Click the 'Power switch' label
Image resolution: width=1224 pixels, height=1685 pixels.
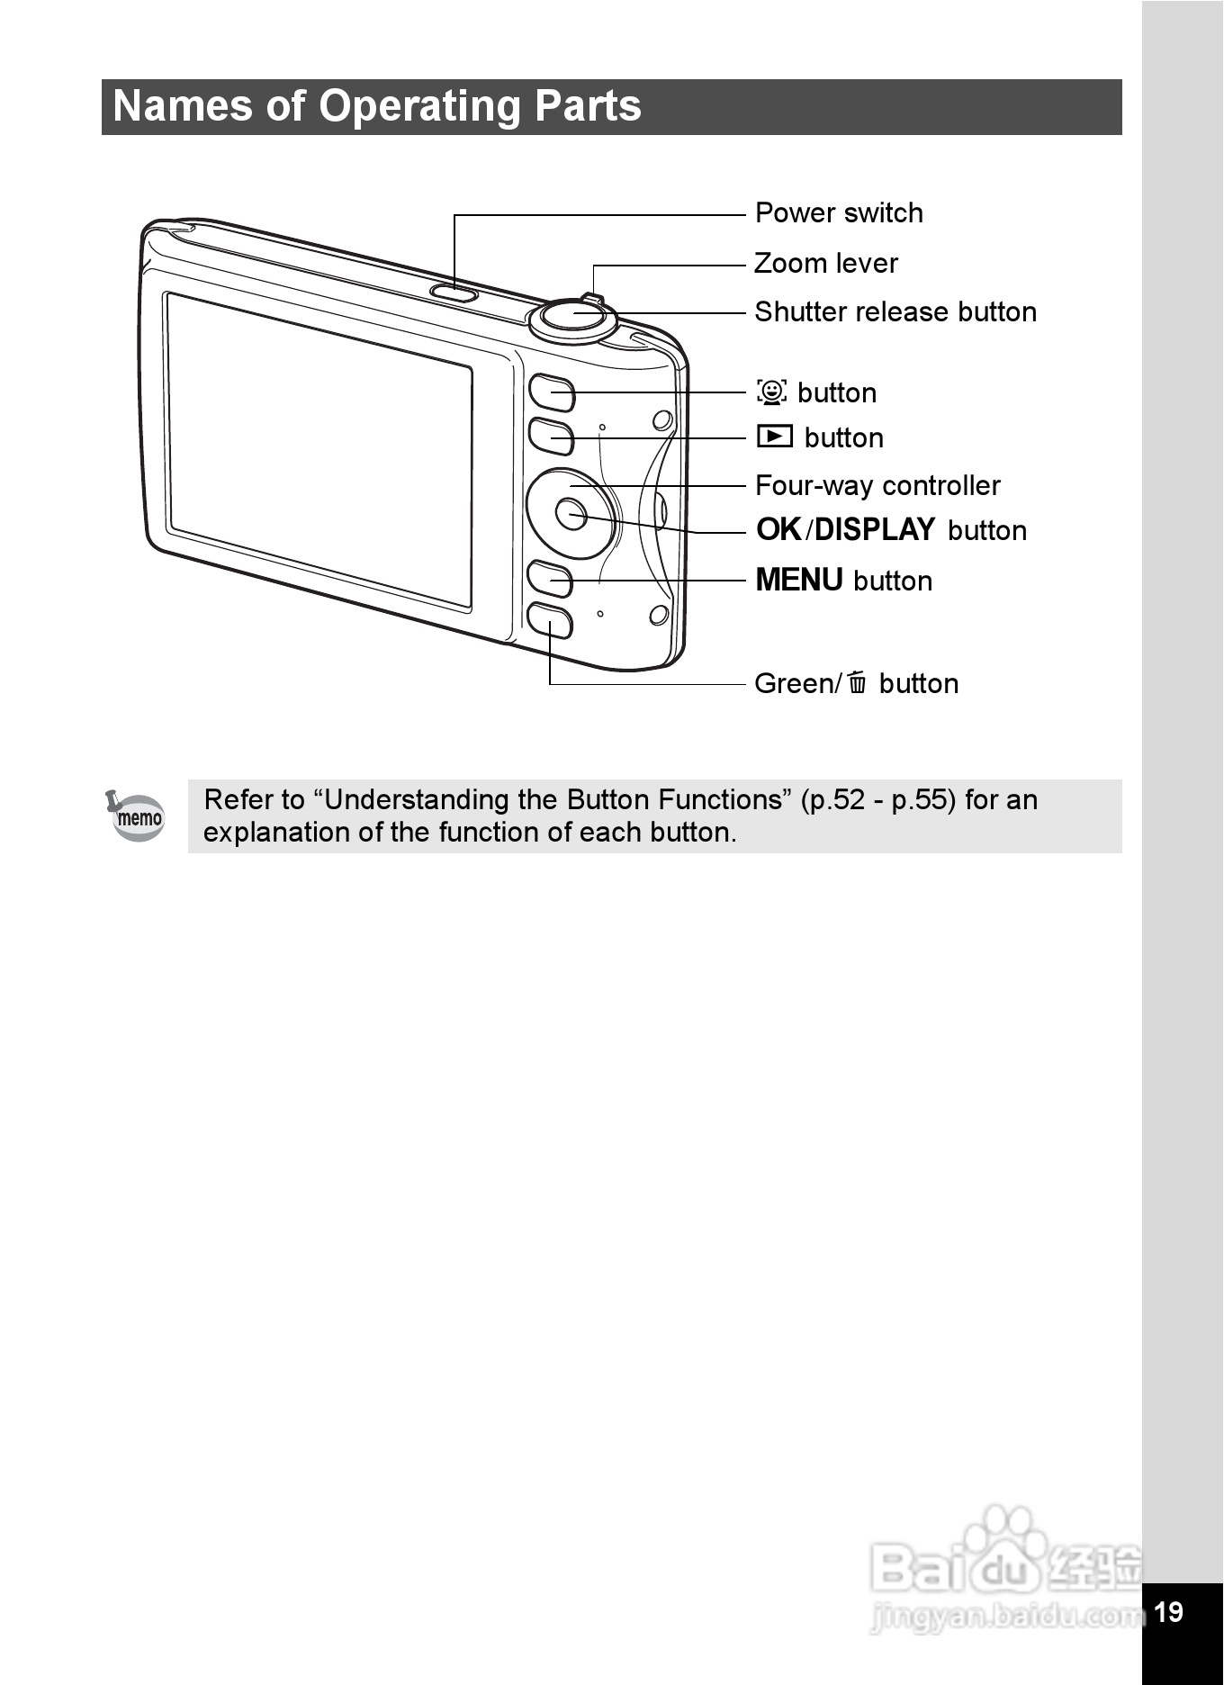[x=839, y=213]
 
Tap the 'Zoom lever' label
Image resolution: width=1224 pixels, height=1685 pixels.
[x=825, y=264]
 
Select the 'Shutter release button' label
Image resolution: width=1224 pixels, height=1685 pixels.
[x=895, y=312]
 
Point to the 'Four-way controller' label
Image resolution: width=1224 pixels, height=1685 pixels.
[x=877, y=486]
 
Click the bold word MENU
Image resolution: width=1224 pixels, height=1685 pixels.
[x=798, y=581]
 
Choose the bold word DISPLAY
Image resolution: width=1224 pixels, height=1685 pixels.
[x=875, y=530]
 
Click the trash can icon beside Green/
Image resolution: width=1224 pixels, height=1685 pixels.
[x=857, y=683]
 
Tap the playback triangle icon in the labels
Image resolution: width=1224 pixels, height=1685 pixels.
[x=774, y=437]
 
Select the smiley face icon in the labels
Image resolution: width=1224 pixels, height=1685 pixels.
[x=772, y=392]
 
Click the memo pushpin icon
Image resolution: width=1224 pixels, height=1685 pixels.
[x=136, y=815]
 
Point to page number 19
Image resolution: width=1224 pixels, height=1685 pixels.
[x=1168, y=1611]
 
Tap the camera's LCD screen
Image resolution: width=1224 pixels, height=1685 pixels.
[x=319, y=450]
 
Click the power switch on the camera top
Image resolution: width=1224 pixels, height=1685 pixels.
[x=454, y=292]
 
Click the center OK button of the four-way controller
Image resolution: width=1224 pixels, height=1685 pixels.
[x=571, y=514]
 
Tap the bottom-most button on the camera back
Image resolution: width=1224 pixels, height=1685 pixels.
[x=549, y=621]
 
